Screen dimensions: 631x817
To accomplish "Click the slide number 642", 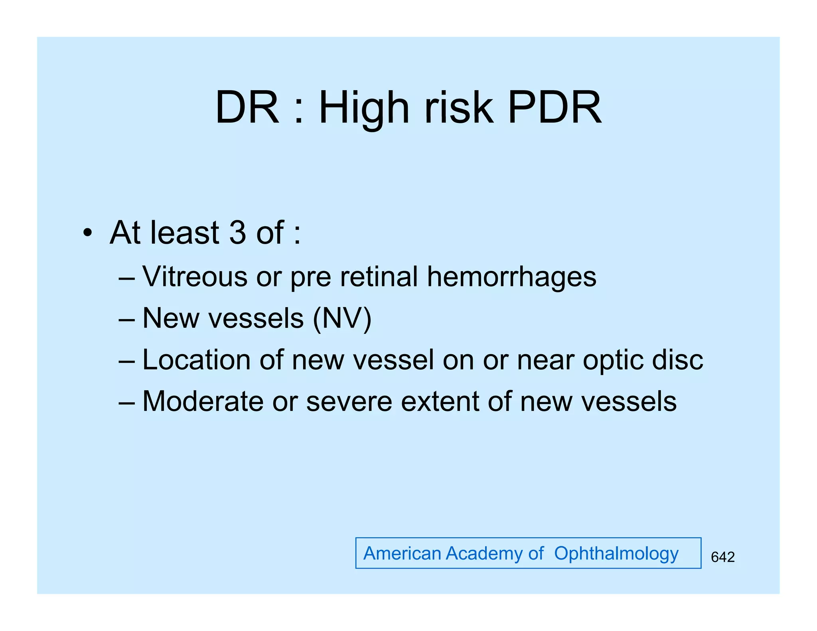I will [x=722, y=557].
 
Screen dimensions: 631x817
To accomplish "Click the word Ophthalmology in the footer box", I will [x=616, y=554].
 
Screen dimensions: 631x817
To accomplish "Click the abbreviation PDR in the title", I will [x=555, y=108].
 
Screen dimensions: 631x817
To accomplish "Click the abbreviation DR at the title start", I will [x=247, y=108].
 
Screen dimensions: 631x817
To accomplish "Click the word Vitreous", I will [x=195, y=276].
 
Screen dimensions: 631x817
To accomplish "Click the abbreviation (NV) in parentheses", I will [x=342, y=318].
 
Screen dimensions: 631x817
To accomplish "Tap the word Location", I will [x=196, y=360].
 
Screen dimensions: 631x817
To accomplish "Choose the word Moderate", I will [x=203, y=401].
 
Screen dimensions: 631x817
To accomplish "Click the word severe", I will [x=349, y=402].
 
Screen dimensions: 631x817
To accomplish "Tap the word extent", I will [x=440, y=401].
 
